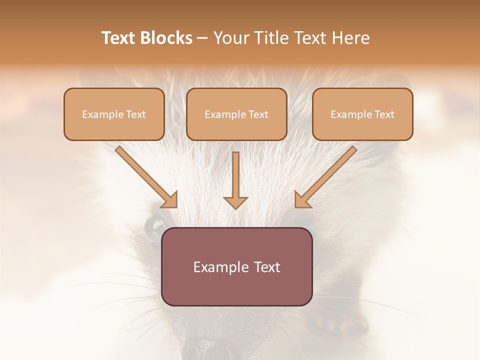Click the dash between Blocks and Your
point(202,38)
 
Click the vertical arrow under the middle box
point(235,175)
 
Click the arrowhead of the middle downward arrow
point(235,202)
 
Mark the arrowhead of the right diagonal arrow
point(301,200)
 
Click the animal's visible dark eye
point(153,227)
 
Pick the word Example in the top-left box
point(98,114)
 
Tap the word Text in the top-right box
point(384,114)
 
